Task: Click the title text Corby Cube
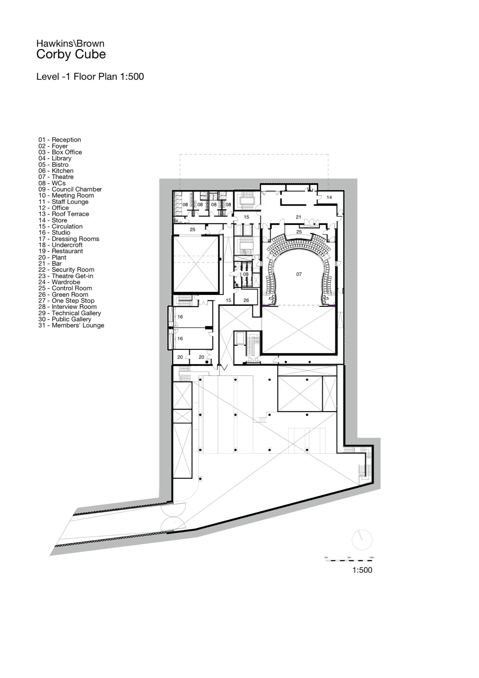point(71,55)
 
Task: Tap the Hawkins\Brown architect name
point(70,43)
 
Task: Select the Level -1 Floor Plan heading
point(90,77)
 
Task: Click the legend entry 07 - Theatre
point(56,177)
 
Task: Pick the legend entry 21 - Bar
point(50,263)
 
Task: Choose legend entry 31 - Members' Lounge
point(71,325)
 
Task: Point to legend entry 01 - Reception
point(59,140)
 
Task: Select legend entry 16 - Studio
point(54,233)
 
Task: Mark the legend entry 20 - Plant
point(52,257)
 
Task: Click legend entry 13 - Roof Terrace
point(63,214)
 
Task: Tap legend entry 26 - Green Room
point(63,295)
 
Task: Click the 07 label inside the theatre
point(299,274)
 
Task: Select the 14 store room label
point(329,197)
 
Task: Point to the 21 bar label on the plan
point(298,217)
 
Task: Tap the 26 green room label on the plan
point(246,300)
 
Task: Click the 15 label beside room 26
point(228,300)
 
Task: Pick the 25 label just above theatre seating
point(299,232)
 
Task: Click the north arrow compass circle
point(362,539)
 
